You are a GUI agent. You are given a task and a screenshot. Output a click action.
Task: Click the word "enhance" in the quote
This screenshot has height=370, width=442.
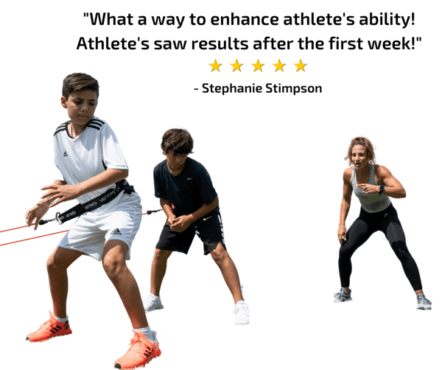point(245,20)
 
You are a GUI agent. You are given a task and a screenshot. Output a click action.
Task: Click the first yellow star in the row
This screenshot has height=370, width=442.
point(215,66)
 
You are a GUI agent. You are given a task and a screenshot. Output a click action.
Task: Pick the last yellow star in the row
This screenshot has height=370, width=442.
point(301,66)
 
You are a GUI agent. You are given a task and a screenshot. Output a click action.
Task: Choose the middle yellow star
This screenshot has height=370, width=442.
point(258,66)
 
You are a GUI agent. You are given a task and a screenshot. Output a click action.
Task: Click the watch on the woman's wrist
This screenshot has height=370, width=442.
point(382,189)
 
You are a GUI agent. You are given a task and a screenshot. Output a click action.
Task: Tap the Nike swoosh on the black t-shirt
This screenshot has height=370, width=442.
point(190,178)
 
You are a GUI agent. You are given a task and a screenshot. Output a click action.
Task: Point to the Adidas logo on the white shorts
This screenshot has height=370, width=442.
point(116,232)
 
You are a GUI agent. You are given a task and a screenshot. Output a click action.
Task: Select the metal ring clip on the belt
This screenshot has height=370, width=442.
point(59,218)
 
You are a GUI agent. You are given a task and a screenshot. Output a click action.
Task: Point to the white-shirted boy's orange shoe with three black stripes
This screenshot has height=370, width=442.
point(49,328)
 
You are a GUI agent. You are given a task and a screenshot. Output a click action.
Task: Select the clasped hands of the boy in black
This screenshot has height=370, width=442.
point(177,221)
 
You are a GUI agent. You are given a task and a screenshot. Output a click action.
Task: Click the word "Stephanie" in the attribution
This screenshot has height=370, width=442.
point(232,89)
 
